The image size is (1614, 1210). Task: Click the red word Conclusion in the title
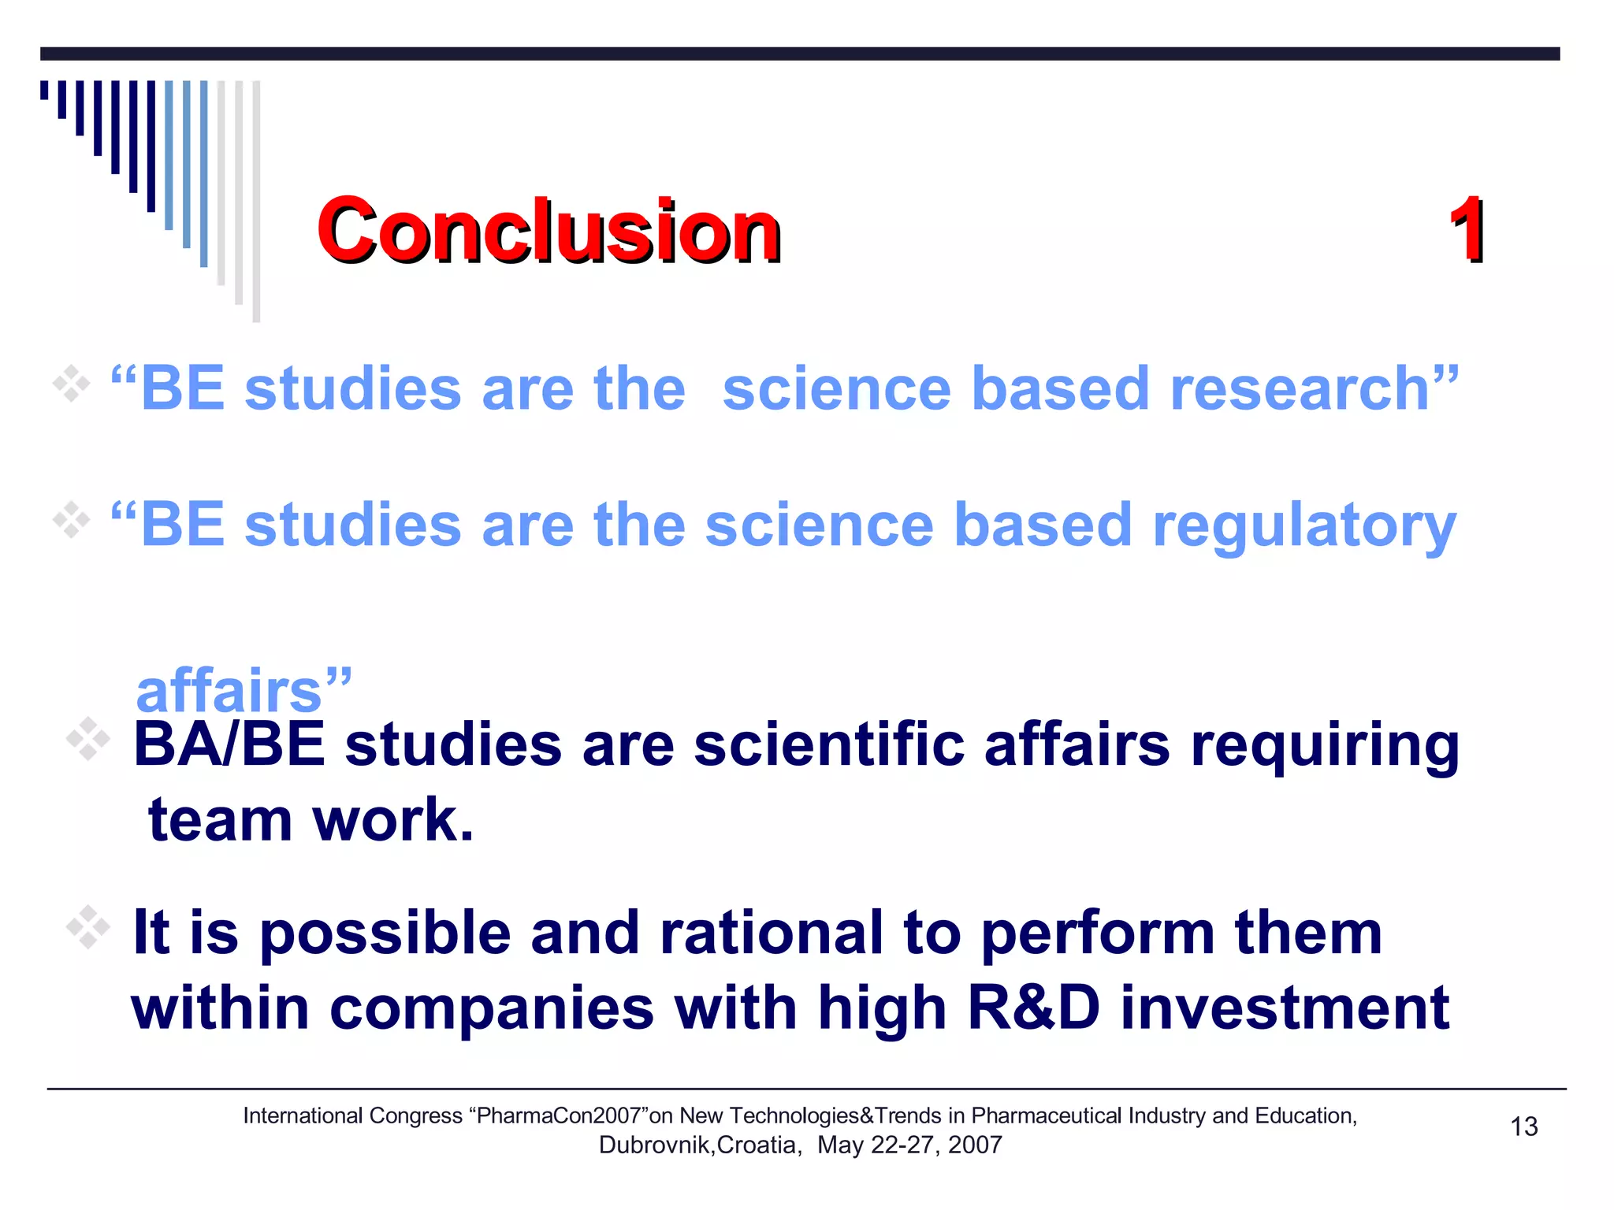click(549, 230)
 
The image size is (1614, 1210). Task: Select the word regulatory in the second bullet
click(1304, 526)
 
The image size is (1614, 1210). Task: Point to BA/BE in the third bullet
click(229, 744)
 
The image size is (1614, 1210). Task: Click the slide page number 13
click(1523, 1126)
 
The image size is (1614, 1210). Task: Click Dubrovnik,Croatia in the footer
click(700, 1145)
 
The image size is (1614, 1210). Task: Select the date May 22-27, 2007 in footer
click(909, 1145)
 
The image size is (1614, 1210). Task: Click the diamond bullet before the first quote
click(71, 384)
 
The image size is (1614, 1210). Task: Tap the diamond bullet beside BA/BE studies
click(87, 739)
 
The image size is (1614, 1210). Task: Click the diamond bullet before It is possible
click(87, 927)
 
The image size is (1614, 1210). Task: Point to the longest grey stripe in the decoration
click(256, 201)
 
